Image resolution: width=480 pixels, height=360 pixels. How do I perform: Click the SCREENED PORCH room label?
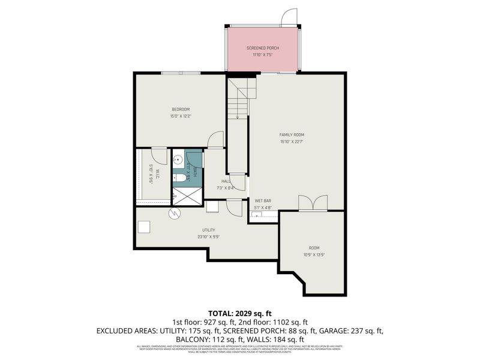(263, 48)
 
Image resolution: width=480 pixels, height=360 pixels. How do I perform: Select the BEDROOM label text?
(181, 109)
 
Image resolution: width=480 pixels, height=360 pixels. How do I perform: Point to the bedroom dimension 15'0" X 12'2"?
(181, 116)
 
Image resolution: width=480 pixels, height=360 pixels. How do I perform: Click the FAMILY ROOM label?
(292, 134)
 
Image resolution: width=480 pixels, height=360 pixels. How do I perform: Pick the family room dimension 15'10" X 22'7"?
(292, 142)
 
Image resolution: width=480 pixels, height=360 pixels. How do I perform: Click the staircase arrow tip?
(238, 119)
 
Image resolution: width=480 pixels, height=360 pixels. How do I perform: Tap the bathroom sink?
(178, 160)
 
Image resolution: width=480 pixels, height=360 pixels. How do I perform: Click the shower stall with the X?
(187, 194)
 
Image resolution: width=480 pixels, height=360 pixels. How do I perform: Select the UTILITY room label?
(209, 230)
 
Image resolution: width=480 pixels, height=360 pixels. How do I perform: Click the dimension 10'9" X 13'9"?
(314, 254)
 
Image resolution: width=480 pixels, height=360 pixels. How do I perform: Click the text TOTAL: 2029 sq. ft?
(240, 313)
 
